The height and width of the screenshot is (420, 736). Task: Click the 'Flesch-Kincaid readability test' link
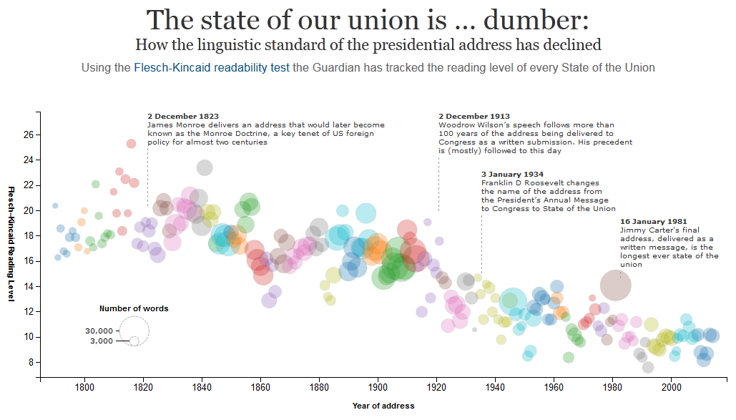212,68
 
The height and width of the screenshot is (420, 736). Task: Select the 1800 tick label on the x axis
84,389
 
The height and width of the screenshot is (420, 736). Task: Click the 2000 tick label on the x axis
671,389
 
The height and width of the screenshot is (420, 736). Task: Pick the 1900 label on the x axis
378,389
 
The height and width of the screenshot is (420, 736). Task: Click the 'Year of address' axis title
383,406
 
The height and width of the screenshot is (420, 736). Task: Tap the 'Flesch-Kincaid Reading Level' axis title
11,243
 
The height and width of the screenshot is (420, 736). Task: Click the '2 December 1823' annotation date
183,116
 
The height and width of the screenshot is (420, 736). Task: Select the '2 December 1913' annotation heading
474,116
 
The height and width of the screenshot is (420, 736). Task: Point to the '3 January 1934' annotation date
512,174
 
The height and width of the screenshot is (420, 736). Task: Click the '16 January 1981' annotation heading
654,222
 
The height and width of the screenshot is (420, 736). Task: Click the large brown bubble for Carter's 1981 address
615,285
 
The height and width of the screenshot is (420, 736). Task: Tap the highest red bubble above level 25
132,144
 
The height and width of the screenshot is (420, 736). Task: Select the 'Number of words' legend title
134,308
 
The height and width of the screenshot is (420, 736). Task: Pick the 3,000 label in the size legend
102,341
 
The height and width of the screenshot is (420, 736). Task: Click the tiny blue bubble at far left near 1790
55,205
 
